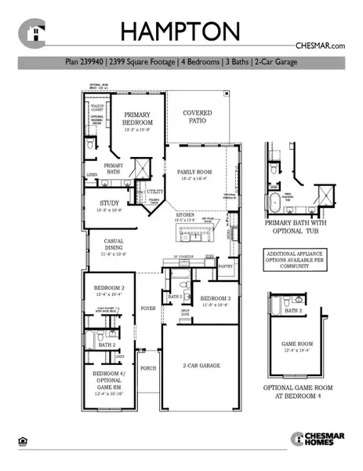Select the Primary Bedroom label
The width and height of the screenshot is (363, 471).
(136, 119)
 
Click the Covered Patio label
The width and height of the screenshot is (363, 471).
(198, 117)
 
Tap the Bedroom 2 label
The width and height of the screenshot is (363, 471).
(110, 290)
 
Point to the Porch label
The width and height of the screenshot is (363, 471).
(147, 367)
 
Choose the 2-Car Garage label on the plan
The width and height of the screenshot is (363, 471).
(201, 366)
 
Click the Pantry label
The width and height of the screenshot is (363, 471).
(227, 266)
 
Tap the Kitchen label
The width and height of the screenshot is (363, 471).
(185, 214)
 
